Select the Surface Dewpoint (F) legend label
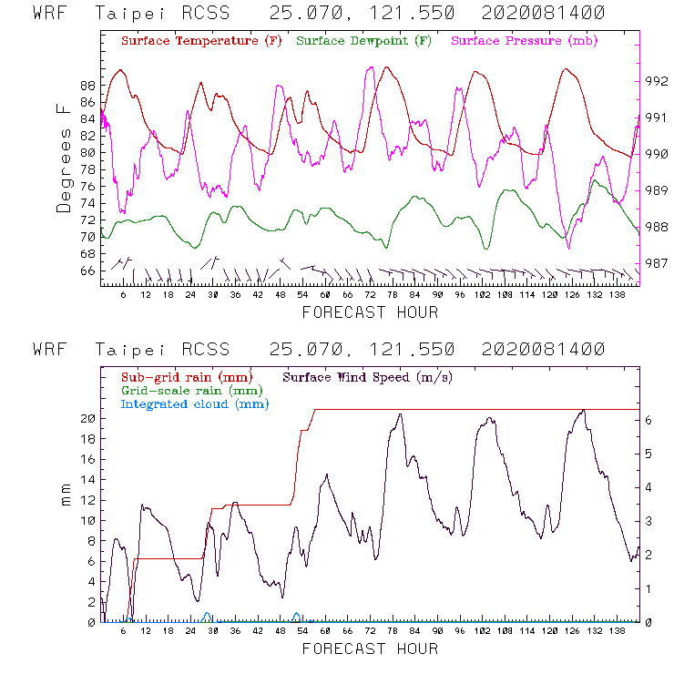[364, 41]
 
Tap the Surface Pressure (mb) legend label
[519, 41]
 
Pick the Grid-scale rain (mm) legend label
[186, 389]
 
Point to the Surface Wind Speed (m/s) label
[369, 375]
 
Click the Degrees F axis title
[64, 158]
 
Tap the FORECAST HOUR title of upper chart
[370, 312]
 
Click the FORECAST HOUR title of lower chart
[370, 648]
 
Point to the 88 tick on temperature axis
[87, 85]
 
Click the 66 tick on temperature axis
[87, 271]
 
